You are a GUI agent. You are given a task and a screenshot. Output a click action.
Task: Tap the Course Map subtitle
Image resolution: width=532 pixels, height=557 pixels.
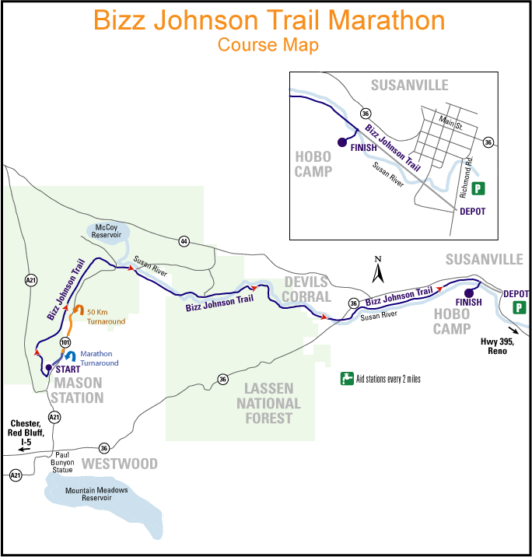(x=268, y=45)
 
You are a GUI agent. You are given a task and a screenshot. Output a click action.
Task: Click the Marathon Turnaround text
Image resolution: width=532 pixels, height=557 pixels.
(x=100, y=359)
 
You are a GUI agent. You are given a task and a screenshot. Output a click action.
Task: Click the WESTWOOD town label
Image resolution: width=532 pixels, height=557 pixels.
(x=120, y=464)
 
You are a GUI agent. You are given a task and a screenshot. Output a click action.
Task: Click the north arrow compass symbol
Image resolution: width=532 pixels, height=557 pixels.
(x=378, y=271)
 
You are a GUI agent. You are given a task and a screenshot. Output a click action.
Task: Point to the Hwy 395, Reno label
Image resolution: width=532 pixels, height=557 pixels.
(x=489, y=346)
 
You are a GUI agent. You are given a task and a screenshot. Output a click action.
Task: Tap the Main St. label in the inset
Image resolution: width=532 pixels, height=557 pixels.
(x=450, y=122)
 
